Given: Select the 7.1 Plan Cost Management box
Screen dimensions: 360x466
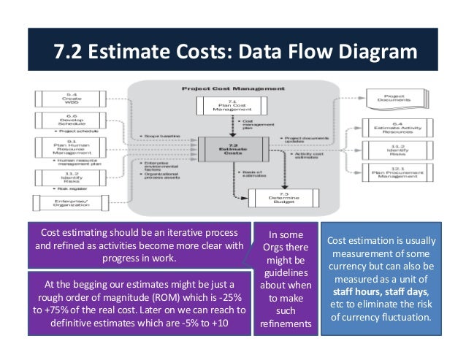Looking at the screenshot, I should pos(232,106).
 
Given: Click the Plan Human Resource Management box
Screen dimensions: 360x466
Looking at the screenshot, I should pos(68,148).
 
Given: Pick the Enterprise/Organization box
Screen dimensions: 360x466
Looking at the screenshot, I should pos(68,202).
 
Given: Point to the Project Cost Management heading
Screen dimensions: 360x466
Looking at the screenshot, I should pos(232,85).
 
